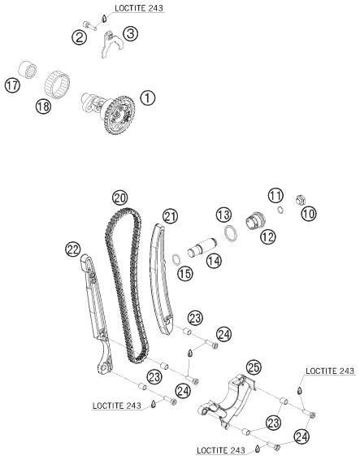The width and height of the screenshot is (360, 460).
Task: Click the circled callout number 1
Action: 148,98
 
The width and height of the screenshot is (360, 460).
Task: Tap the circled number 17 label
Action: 12,85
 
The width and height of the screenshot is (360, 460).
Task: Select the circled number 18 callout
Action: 43,106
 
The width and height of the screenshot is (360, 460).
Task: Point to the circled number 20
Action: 120,198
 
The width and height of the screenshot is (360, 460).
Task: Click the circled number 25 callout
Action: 254,367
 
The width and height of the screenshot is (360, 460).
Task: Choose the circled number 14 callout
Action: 214,261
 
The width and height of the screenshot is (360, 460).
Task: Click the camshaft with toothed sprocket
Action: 108,113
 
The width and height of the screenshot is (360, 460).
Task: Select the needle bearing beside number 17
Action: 28,70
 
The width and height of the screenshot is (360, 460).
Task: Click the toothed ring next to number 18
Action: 57,82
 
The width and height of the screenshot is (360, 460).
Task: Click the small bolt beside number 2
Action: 89,24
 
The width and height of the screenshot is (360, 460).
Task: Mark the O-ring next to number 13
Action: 231,233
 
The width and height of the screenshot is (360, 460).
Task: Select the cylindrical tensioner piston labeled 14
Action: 202,248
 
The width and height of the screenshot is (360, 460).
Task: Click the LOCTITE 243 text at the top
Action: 138,8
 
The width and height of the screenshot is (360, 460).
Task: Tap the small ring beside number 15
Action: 176,259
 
